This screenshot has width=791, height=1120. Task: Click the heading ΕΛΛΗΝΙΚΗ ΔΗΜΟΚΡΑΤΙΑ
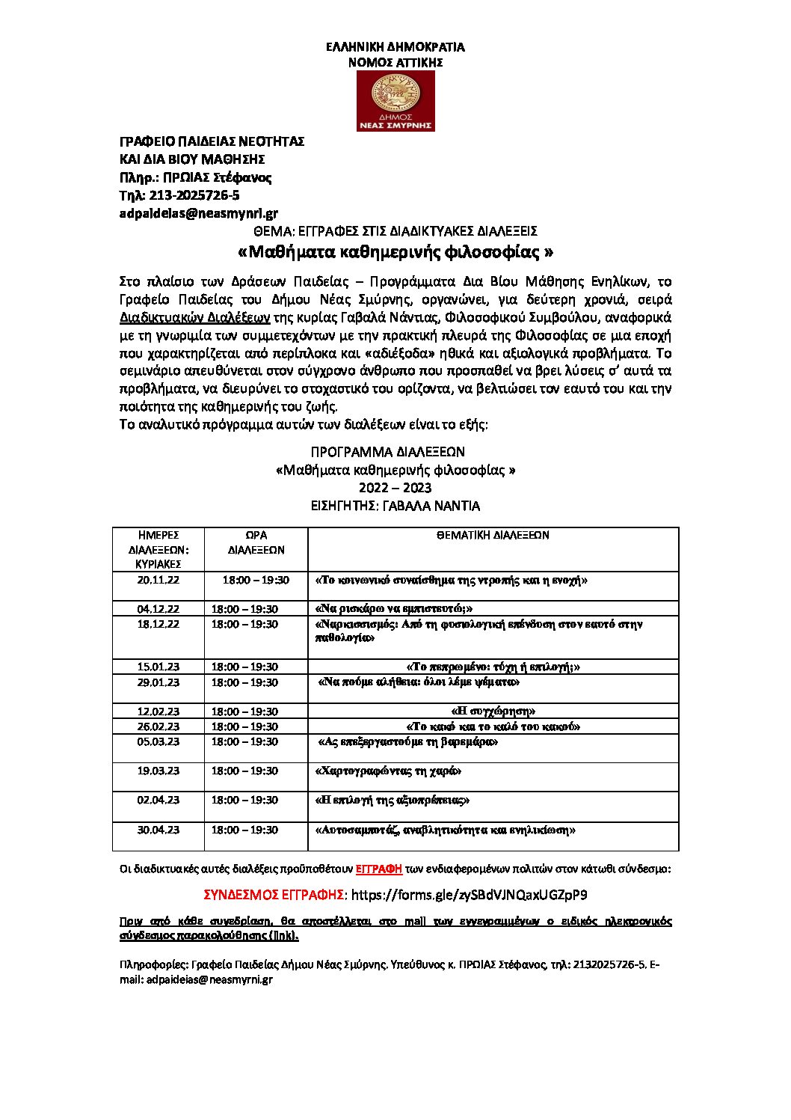click(395, 47)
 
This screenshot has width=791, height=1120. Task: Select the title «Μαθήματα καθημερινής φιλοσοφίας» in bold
click(395, 251)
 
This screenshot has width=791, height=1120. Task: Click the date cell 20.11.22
click(158, 580)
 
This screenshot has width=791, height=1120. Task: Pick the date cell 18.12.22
click(158, 624)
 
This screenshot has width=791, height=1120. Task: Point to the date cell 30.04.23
click(158, 830)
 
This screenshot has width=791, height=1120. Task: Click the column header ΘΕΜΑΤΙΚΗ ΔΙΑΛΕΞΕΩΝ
click(493, 536)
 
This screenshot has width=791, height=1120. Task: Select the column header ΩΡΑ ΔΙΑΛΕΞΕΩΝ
click(256, 542)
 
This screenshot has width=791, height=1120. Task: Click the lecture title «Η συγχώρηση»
click(493, 712)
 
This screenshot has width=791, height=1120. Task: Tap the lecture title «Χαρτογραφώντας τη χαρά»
click(389, 771)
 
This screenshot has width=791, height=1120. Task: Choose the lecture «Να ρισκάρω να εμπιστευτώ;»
click(394, 609)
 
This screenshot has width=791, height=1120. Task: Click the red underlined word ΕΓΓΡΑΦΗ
click(378, 869)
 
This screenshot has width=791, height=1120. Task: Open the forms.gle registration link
click(469, 895)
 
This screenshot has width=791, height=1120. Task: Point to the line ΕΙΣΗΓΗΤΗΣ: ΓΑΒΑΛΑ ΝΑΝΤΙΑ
click(395, 506)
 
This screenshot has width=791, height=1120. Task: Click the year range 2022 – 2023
click(395, 488)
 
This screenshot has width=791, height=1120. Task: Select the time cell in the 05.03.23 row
click(244, 741)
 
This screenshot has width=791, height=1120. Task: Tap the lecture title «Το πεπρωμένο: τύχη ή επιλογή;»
click(493, 667)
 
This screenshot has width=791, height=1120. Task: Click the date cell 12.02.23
click(158, 712)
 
